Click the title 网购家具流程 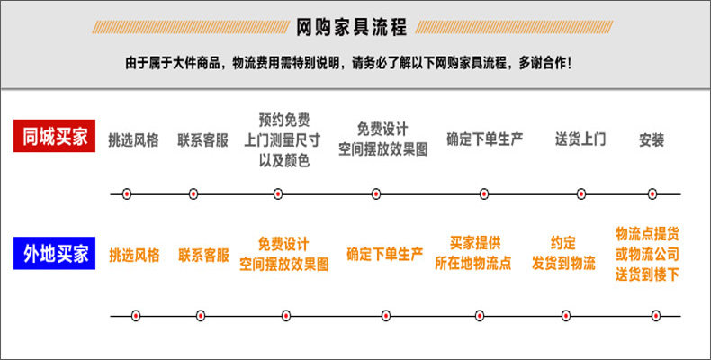click(x=352, y=27)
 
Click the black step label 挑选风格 click(x=133, y=140)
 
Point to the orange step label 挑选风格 click(x=134, y=255)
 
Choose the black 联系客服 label click(x=202, y=140)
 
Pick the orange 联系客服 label click(x=203, y=255)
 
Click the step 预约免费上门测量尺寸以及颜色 click(x=283, y=140)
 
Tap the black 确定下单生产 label click(x=485, y=140)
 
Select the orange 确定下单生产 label click(x=384, y=255)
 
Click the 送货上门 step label click(x=580, y=140)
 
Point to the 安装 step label click(x=652, y=140)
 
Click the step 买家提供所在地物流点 click(x=473, y=254)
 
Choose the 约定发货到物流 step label click(x=563, y=254)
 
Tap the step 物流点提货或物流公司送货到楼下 click(x=647, y=254)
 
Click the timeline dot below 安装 click(x=652, y=193)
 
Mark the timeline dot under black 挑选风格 click(x=127, y=193)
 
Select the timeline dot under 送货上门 click(x=581, y=193)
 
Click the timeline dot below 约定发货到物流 click(x=566, y=316)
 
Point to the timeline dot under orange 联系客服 click(x=200, y=316)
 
